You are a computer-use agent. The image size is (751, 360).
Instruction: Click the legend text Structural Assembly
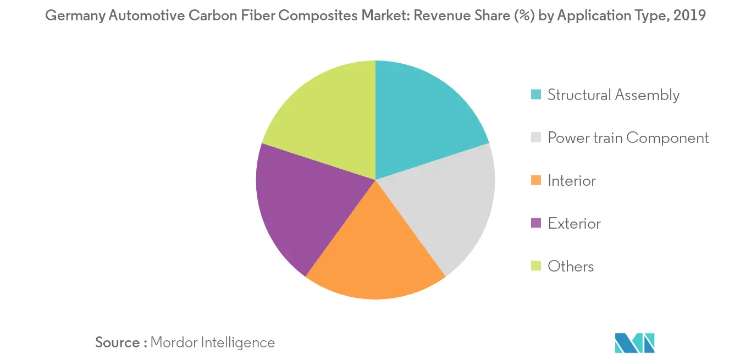click(614, 95)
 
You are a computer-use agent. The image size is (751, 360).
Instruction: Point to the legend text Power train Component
click(628, 138)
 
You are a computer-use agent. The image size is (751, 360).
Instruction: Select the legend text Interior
click(572, 181)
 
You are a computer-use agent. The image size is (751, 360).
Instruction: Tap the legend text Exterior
click(574, 224)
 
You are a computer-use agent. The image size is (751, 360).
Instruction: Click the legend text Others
click(571, 267)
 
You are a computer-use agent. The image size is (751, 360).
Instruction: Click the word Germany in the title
click(74, 16)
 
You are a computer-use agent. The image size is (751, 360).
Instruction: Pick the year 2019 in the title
click(690, 16)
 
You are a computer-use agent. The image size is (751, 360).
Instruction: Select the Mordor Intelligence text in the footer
click(212, 342)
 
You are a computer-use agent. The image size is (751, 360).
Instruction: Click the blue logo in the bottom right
click(635, 342)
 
